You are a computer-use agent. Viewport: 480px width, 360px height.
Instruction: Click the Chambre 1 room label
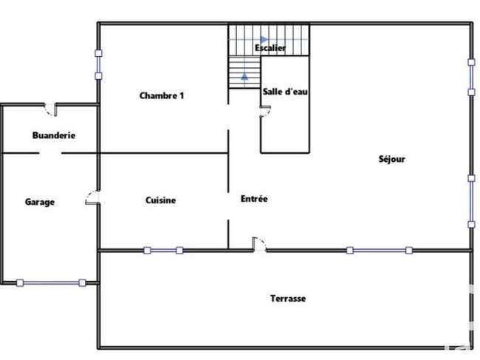click(162, 95)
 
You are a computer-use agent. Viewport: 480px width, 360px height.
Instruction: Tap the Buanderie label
click(54, 135)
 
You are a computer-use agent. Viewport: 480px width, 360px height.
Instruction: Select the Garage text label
click(40, 202)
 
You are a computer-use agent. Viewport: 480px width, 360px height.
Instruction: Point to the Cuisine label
click(161, 200)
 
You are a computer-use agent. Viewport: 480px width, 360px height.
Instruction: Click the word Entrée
click(254, 199)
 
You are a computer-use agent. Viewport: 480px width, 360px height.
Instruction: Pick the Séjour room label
click(392, 159)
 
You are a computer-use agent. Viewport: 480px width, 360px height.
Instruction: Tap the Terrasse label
click(288, 298)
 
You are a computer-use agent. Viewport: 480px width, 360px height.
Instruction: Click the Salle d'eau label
click(285, 92)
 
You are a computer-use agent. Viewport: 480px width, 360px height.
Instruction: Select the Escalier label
click(270, 48)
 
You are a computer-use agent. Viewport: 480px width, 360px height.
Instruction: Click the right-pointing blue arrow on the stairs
click(264, 39)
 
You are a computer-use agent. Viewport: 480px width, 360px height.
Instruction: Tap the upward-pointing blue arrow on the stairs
click(244, 75)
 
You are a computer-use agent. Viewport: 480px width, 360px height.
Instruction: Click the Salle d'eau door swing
click(265, 111)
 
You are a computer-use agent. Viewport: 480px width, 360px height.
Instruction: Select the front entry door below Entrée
click(259, 244)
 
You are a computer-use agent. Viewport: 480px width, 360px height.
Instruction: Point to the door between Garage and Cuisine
click(92, 197)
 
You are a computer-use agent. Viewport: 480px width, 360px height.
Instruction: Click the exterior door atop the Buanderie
click(50, 109)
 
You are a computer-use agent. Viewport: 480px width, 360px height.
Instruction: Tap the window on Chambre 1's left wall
click(98, 64)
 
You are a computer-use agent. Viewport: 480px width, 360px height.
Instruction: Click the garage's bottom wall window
click(51, 283)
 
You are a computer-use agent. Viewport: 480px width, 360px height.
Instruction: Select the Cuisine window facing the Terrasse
click(163, 251)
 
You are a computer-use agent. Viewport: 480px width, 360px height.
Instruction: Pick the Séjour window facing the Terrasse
click(380, 251)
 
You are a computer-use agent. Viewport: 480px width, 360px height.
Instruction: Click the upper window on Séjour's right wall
click(471, 77)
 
